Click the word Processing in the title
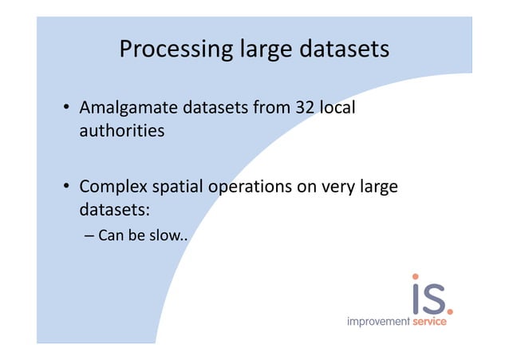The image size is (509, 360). [176, 50]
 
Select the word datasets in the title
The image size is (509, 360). [345, 49]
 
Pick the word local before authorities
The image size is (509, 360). [336, 107]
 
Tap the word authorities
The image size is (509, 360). [121, 130]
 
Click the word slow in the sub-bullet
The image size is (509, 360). [164, 236]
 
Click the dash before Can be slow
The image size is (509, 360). [89, 236]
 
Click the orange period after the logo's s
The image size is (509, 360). [450, 309]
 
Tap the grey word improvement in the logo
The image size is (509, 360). [377, 322]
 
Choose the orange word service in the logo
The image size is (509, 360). [428, 322]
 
